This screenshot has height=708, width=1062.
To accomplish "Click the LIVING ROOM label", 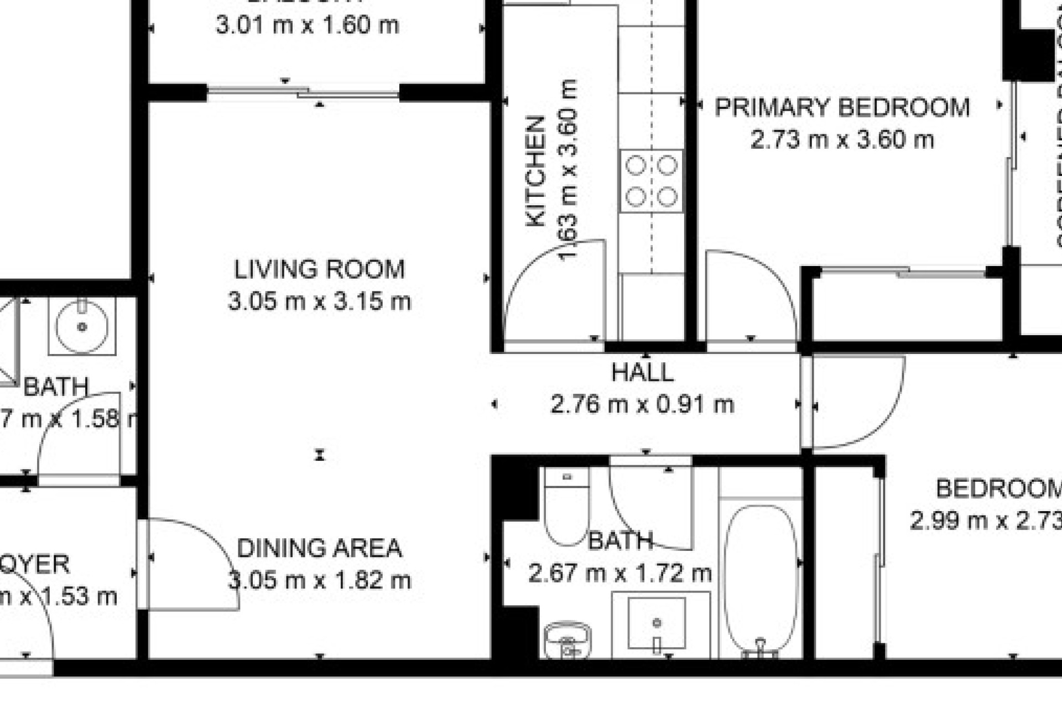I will pos(319,269).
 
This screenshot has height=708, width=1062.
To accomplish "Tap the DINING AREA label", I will pos(319,548).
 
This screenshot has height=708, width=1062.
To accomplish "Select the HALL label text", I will pos(642,372).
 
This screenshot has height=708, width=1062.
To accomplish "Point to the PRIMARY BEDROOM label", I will pos(842,107).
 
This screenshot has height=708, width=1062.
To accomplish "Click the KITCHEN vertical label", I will pos(535,171).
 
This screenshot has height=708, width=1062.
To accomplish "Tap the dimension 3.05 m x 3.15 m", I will pos(319,302).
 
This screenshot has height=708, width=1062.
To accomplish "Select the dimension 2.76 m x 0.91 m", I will pos(642,405).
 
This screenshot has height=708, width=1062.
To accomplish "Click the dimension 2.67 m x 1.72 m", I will pos(619,573).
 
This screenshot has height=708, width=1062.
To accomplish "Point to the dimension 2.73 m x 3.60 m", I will pos(842,139).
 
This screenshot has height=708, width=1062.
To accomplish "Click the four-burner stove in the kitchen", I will pos(651,181).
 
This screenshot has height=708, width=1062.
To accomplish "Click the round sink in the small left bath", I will pos(82,326).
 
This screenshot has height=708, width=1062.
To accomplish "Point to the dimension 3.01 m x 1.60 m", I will pos(307,25).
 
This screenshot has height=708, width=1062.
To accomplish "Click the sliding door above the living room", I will pos(303,92).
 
